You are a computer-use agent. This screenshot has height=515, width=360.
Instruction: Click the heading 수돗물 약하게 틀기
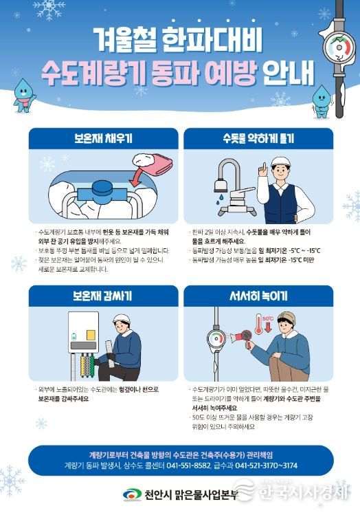[258, 138]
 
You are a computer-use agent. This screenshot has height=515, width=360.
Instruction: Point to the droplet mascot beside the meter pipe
[322, 101]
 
